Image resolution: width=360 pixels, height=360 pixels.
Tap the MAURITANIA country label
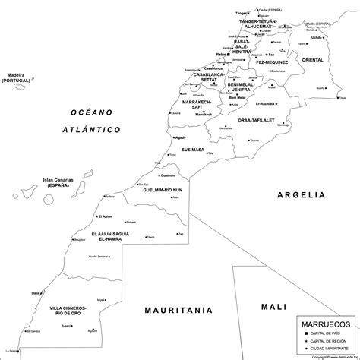(x=177, y=310)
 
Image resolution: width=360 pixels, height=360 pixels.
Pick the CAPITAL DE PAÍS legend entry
(x=326, y=334)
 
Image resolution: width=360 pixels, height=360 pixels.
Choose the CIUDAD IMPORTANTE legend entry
(x=328, y=348)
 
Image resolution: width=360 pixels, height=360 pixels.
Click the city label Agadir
(x=179, y=137)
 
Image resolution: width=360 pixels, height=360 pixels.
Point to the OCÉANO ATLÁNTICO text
(x=92, y=121)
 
